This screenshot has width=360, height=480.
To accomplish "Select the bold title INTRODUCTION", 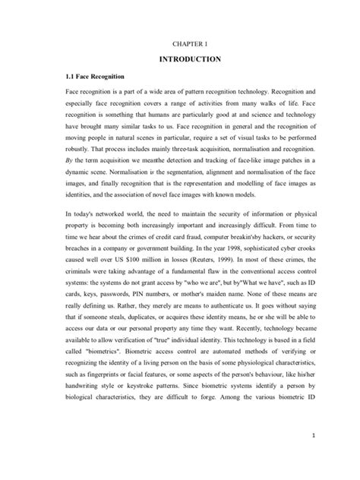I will [180, 58].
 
